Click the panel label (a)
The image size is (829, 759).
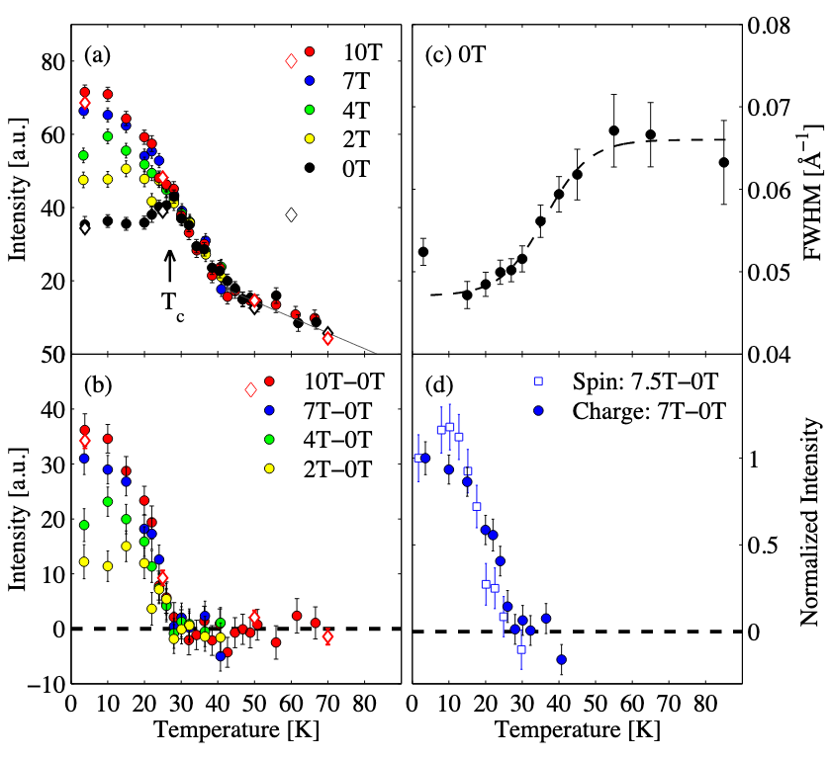99,52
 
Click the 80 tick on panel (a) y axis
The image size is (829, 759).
49,60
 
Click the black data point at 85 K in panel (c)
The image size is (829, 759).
723,162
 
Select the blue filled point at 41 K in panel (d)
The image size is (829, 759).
561,659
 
